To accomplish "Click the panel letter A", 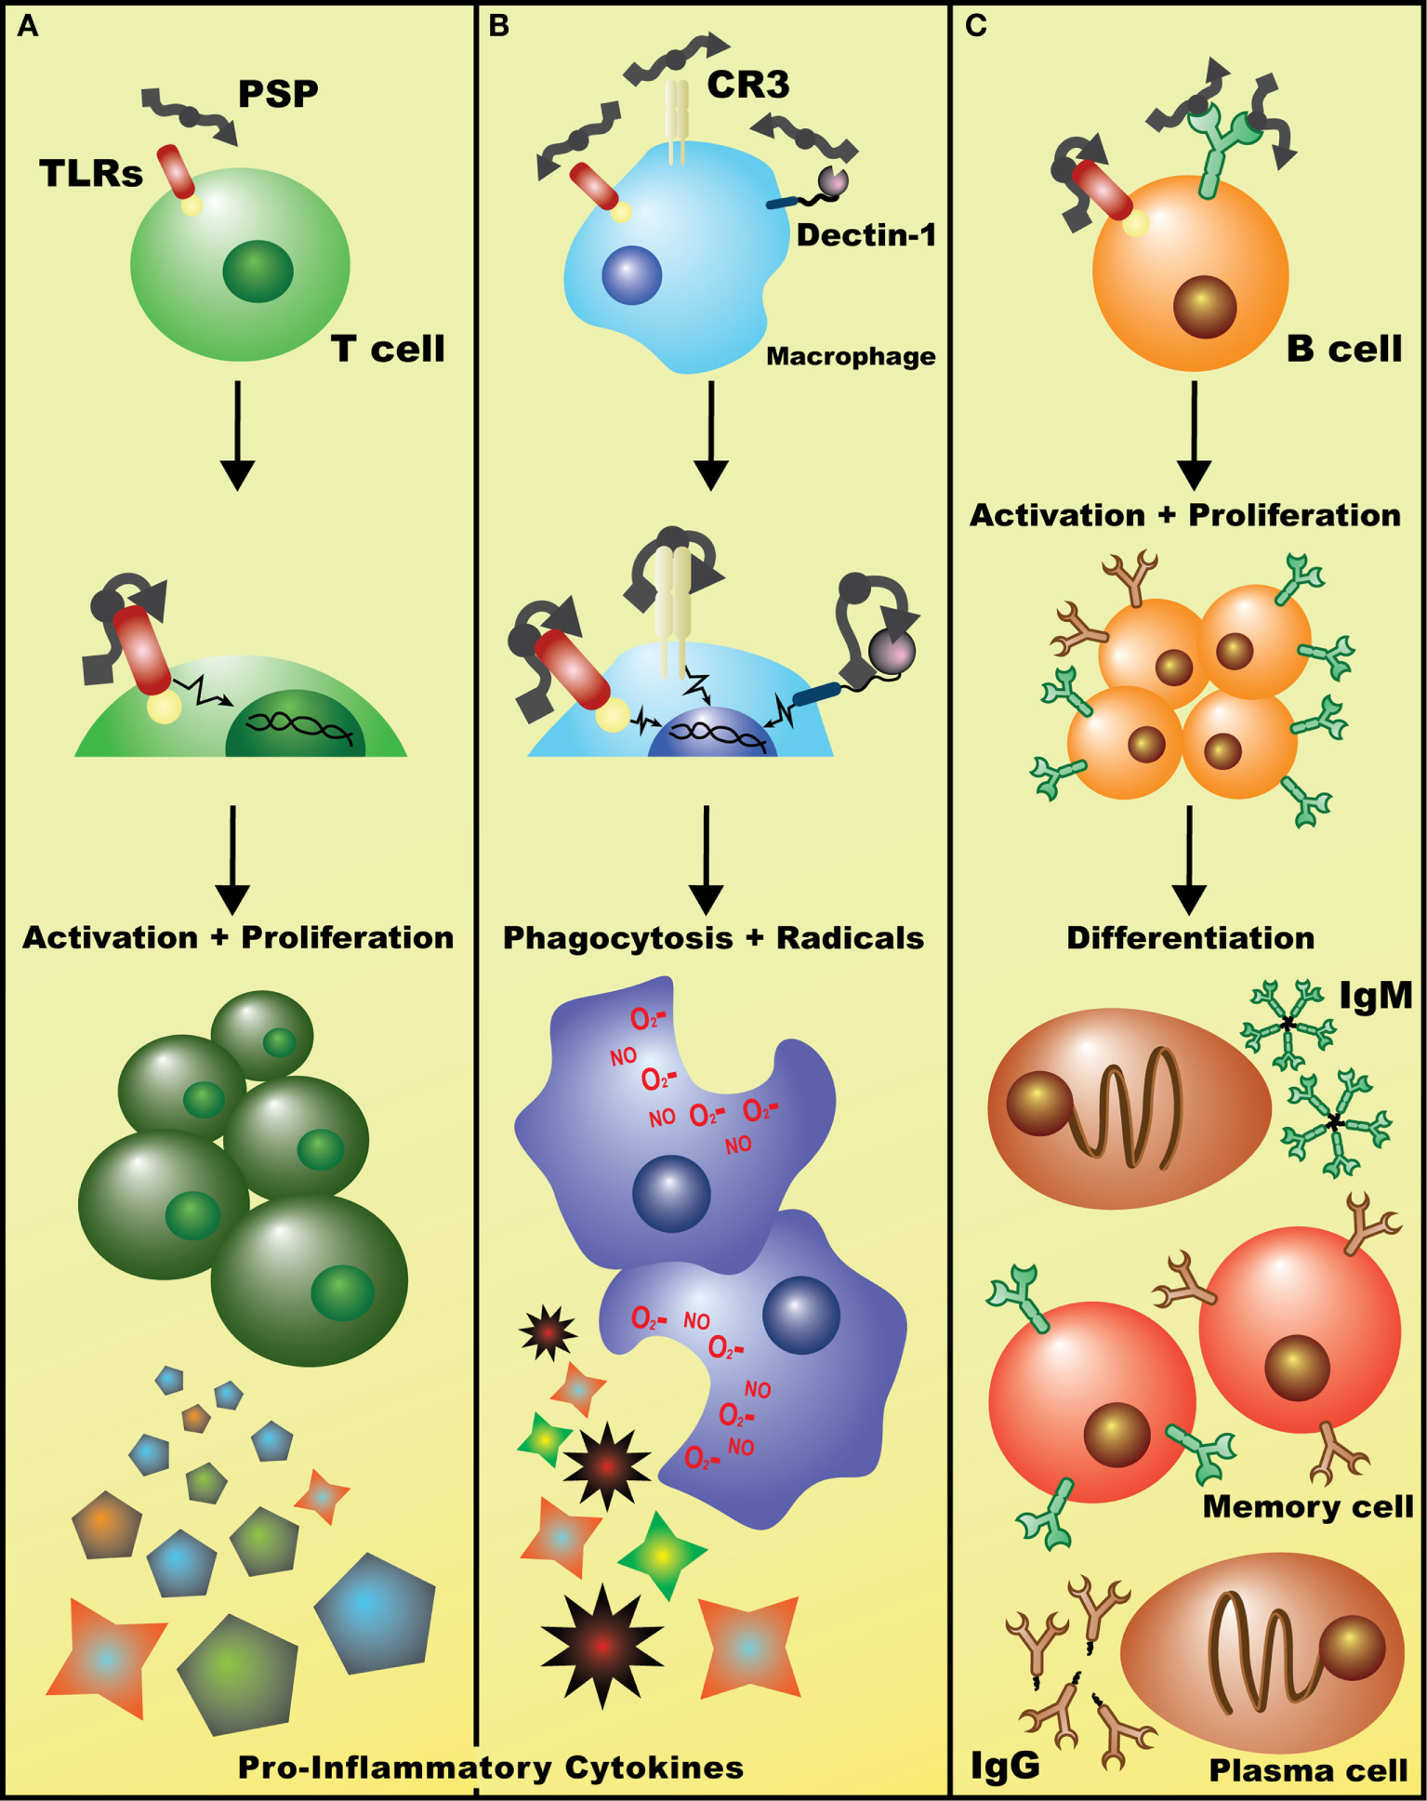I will click(27, 26).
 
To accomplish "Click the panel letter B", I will click(498, 26).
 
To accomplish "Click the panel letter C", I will click(975, 26).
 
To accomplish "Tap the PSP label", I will click(278, 93).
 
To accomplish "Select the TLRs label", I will click(91, 173).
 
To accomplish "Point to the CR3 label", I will click(748, 85).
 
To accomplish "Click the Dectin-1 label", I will click(865, 235).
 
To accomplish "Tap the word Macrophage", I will click(850, 356).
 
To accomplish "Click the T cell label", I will click(388, 349).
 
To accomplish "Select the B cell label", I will click(1343, 349).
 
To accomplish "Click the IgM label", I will click(1375, 996).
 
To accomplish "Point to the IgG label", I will click(1005, 1763).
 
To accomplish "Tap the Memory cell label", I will click(1307, 1505).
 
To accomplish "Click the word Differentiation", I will click(1190, 937).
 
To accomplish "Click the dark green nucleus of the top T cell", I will click(258, 271).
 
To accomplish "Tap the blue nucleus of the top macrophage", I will click(632, 275).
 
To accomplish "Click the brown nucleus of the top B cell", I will click(1204, 307).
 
